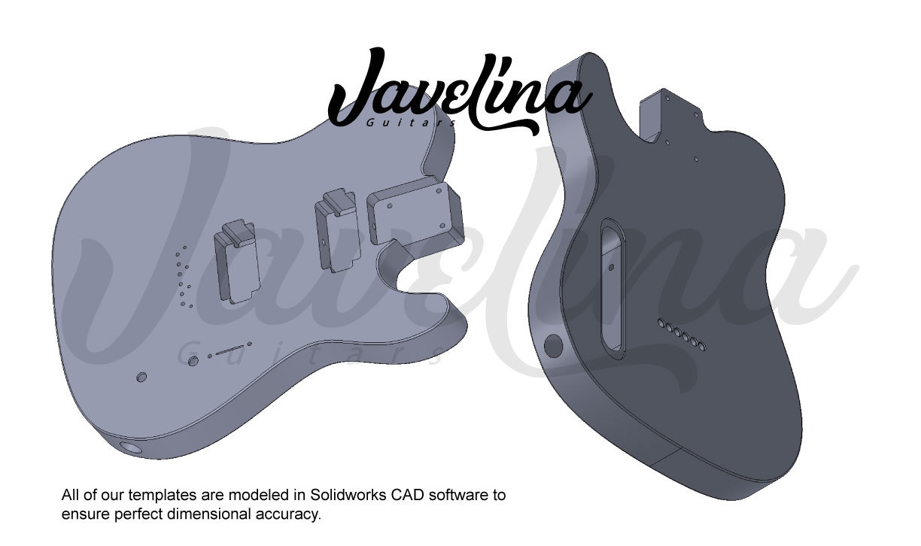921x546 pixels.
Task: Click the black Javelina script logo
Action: [x=451, y=94]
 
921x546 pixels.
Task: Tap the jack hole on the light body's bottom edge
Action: [x=133, y=447]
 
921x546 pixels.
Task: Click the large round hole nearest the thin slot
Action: [x=193, y=362]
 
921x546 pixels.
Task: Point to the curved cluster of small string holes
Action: [x=182, y=276]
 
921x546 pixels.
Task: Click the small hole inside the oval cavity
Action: [x=611, y=265]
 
